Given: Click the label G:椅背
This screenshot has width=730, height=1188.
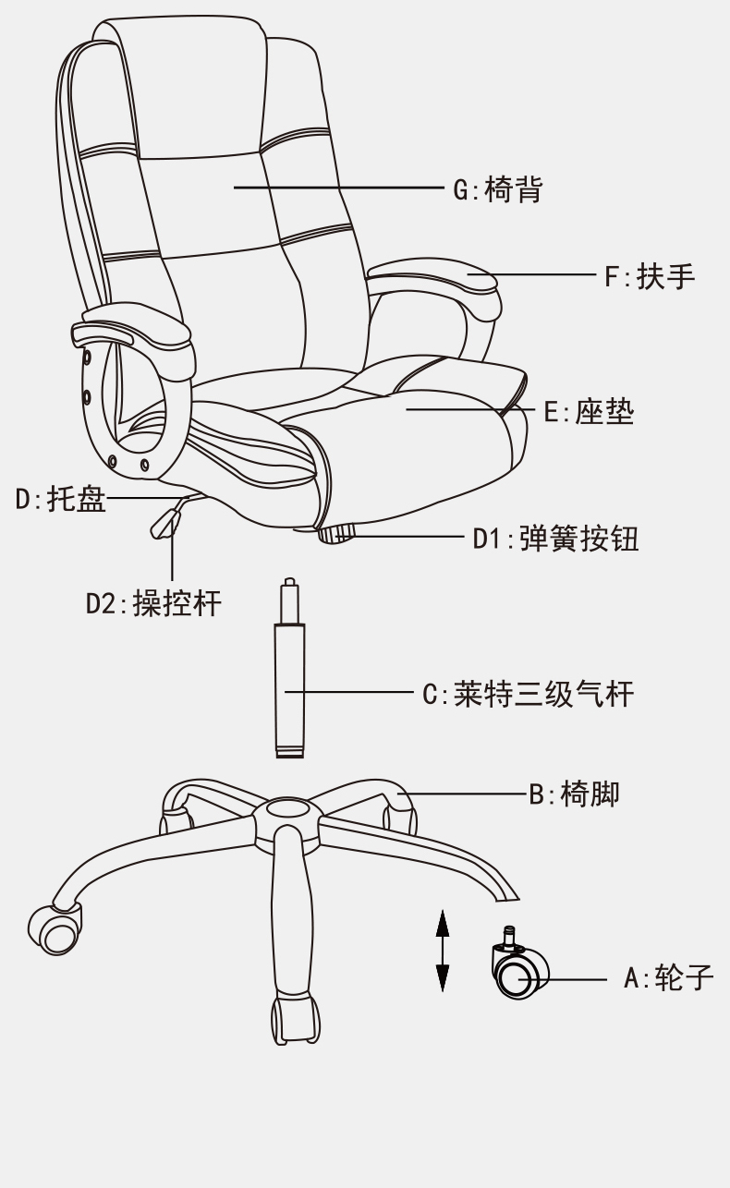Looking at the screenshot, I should pos(497,190).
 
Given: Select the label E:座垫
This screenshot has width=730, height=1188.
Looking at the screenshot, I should pos(589,411).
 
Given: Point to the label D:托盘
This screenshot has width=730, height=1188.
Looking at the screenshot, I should pos(61,500).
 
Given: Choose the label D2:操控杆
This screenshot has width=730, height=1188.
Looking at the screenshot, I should pos(153,603).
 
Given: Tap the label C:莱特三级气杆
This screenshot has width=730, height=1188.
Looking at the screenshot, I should pos(529,693).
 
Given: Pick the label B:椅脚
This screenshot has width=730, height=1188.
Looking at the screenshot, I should pos(574,794).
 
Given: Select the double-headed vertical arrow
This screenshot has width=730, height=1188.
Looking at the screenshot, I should pos(442,951).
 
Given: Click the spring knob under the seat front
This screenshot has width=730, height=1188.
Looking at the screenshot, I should pos(337,535).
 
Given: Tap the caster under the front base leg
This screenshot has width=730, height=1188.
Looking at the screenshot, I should pos(297,1019).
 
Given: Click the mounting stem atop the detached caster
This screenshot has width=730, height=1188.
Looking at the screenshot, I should pos(508,939).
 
